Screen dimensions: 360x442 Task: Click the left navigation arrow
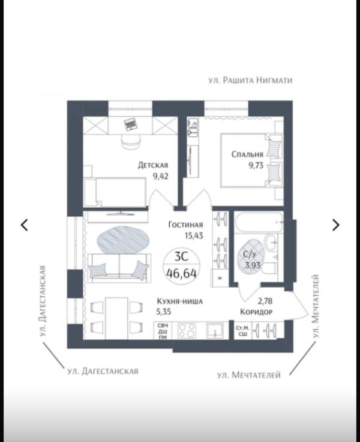point(25,225)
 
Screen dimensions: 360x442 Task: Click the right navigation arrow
point(335,225)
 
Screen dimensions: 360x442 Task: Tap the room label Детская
point(153,165)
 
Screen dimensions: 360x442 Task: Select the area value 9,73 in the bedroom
point(256,166)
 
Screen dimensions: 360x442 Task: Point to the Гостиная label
point(185,225)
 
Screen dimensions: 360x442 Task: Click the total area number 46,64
point(181,273)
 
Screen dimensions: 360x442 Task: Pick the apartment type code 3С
point(181,256)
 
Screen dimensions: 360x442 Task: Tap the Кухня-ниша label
point(180,301)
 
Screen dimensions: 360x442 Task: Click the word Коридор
point(256,312)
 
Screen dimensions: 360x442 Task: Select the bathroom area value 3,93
point(253,265)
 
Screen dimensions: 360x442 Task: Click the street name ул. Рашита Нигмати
point(250,80)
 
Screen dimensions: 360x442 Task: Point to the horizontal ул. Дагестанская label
point(103,371)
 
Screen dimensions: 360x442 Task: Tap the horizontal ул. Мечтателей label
point(249,375)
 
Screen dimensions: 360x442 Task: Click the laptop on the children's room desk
point(131,124)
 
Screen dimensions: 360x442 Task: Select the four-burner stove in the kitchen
point(187,330)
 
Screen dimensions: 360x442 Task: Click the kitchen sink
point(215,330)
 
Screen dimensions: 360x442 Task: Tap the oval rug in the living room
point(122,240)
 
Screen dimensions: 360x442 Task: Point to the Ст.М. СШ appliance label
point(242,331)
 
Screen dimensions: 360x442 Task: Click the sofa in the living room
point(119,268)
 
